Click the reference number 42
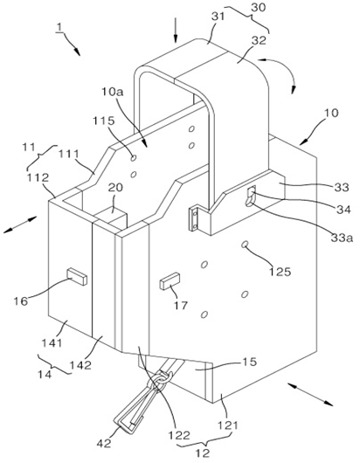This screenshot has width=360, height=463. coord(105,443)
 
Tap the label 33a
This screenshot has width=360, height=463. coord(342,238)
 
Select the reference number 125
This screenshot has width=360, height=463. coord(280,272)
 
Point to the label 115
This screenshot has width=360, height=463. coord(104,121)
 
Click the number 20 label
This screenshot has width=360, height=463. coord(115,188)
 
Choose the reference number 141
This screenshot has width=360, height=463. coord(52,343)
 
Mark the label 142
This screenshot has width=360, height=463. coord(80,365)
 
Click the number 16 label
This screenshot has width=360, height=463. coord(21,301)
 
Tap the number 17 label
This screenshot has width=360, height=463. coord(180,305)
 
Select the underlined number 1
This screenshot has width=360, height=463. coord(59,27)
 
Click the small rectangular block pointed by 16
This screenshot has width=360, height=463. coord(77,277)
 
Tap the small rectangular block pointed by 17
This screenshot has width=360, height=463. coord(170,280)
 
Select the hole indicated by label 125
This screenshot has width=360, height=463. coord(245,245)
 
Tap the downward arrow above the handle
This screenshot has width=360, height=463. coord(176,30)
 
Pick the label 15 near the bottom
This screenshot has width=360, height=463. coord(250,362)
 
